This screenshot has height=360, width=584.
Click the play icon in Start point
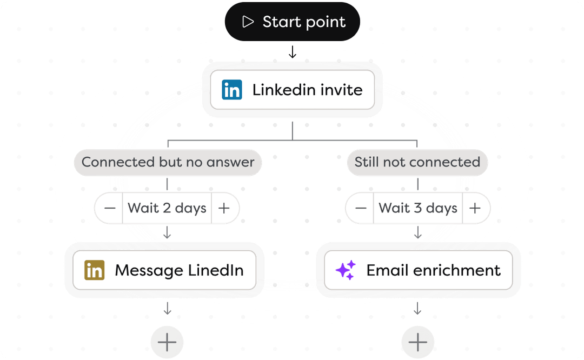pos(248,22)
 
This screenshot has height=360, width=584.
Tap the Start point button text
pos(304,22)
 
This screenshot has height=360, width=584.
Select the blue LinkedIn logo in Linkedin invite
pos(231,90)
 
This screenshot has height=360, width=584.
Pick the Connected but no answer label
pos(168,162)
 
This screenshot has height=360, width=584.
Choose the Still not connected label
pos(417,162)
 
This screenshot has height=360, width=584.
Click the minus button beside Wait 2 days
pos(109,208)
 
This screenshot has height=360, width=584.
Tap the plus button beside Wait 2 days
pos(224,208)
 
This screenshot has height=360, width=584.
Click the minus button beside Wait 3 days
pos(361,208)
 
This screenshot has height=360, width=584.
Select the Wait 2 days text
pos(167,208)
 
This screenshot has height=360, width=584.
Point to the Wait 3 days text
pos(418,208)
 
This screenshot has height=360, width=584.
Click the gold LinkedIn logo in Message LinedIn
pos(94,270)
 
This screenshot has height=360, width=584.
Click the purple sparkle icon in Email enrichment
pos(346,270)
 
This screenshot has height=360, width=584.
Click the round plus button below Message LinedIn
pos(167,342)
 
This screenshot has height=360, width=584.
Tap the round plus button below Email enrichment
pos(417,342)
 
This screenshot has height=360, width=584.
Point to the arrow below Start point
pos(293,52)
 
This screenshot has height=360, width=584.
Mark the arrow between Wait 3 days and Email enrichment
pos(418,232)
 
